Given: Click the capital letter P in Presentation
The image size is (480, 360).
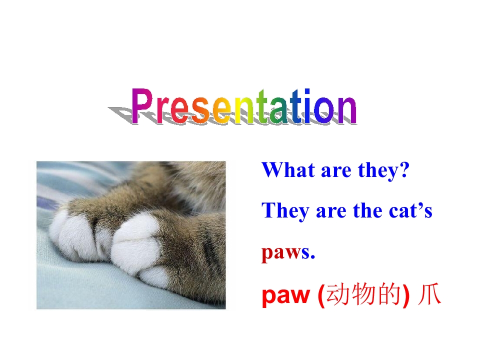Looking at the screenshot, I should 142,106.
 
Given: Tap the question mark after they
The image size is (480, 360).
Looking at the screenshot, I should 404,170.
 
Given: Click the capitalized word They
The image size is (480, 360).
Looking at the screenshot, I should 285,211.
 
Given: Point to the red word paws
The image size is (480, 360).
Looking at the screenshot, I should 285,253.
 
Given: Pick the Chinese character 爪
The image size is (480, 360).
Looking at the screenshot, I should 429,295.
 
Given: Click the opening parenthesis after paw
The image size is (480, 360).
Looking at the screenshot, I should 321,296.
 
